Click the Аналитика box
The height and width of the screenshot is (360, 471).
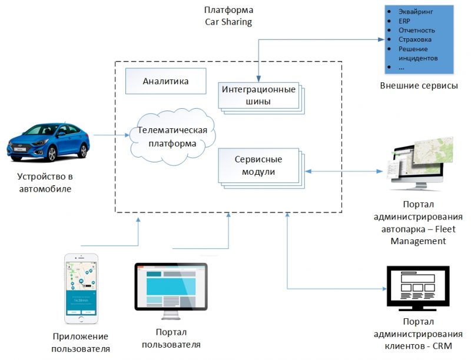165,81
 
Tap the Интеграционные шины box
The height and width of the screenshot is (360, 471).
257,95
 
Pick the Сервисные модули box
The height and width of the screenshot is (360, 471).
258,165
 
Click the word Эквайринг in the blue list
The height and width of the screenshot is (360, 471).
416,11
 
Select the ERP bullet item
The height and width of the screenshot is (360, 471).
404,21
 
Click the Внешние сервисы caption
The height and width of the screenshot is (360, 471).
419,86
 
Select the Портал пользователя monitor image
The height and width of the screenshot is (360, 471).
171,287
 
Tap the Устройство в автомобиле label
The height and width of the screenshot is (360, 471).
49,182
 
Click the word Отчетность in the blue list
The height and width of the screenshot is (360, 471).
417,30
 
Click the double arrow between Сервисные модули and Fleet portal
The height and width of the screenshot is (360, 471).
342,171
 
